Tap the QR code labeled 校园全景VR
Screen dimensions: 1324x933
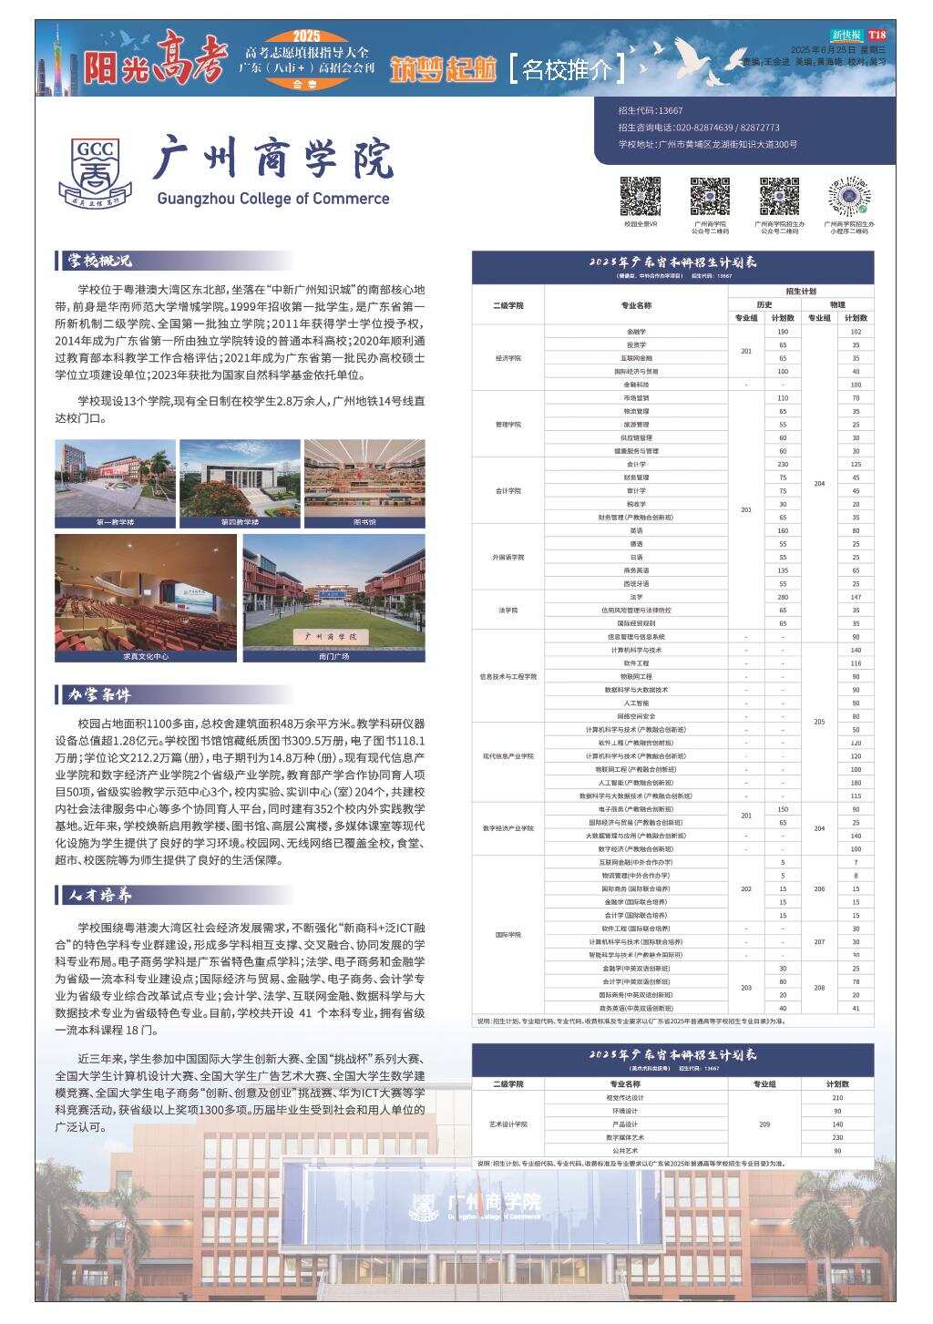tap(641, 196)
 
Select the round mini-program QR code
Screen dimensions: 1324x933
tap(851, 196)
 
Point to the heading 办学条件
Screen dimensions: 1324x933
tap(99, 695)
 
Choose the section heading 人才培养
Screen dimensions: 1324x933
tap(99, 895)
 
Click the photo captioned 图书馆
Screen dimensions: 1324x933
tap(364, 483)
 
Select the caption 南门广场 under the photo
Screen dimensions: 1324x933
tap(333, 656)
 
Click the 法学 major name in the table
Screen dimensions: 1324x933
tap(636, 597)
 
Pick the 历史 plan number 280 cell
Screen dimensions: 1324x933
tap(783, 597)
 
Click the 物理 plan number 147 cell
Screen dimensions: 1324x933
tap(856, 597)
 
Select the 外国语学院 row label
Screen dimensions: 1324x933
tap(508, 557)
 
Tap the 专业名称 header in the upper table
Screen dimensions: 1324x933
tap(636, 305)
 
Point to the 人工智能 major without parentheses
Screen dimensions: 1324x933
tap(636, 703)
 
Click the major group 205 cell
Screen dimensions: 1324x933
tap(819, 722)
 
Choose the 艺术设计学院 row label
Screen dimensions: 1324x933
tap(508, 1124)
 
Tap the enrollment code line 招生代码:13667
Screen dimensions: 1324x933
tap(651, 110)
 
